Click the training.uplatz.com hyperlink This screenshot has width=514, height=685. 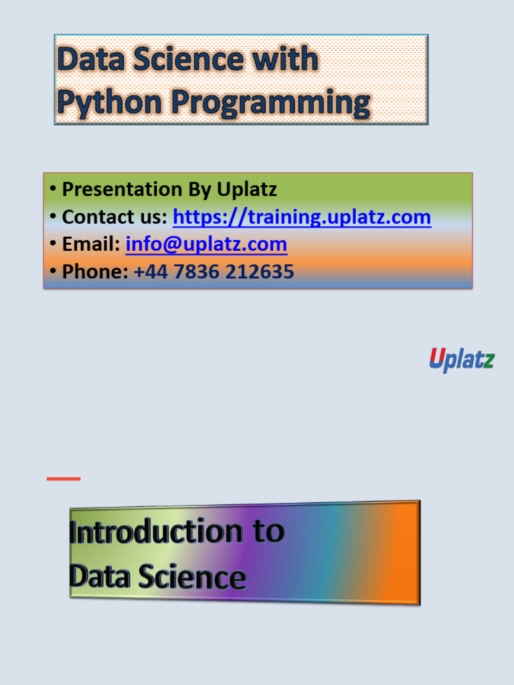point(302,217)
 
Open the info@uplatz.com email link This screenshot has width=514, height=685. point(206,245)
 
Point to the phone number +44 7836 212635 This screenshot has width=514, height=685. point(213,272)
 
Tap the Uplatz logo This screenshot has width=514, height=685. point(462,360)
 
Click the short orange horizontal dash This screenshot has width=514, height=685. point(64,479)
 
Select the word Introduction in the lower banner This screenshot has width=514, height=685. point(156,532)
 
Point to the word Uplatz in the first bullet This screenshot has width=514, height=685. point(247,190)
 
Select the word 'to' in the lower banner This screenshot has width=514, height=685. point(268,532)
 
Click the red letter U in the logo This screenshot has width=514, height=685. point(438,360)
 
